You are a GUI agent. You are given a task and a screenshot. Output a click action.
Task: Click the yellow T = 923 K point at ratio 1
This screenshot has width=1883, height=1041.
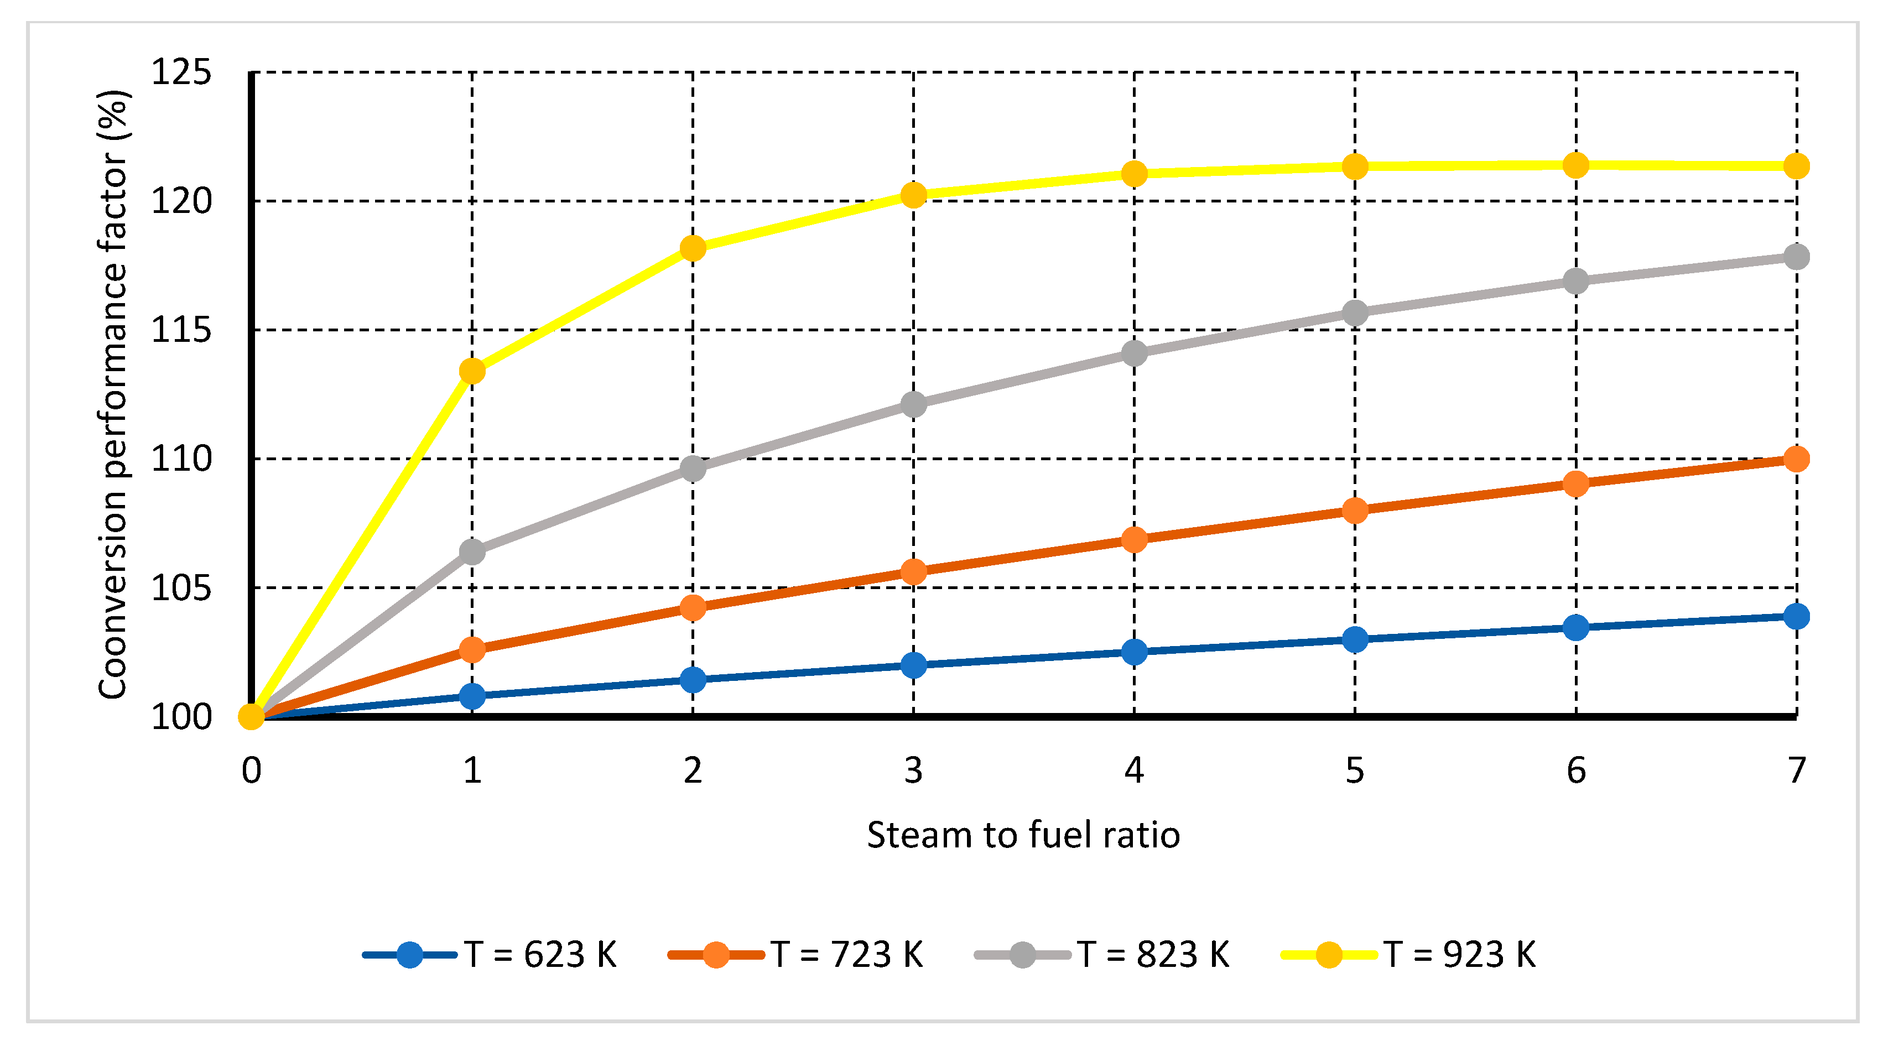click(472, 371)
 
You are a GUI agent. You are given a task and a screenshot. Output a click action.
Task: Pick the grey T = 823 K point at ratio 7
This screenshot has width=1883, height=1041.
click(1796, 257)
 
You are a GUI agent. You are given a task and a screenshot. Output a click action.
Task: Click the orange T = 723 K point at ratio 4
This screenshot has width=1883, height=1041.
click(1134, 539)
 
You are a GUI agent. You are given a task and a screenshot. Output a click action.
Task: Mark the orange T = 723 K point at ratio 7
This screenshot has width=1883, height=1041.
click(1796, 459)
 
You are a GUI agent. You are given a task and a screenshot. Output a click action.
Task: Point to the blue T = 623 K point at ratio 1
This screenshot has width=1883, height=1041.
click(472, 695)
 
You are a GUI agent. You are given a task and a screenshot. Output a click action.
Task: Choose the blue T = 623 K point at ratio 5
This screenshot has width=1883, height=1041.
click(1355, 639)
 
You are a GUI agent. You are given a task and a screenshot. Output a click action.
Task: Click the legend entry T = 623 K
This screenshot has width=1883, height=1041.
click(490, 954)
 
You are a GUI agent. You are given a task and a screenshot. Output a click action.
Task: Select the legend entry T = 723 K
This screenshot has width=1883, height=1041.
click(796, 954)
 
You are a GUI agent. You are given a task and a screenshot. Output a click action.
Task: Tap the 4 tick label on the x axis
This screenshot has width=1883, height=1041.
click(1134, 771)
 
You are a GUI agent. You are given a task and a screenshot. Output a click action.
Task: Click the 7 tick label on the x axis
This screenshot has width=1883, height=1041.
click(1797, 771)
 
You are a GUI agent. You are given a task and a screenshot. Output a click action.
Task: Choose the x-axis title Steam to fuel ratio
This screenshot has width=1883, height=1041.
click(1023, 835)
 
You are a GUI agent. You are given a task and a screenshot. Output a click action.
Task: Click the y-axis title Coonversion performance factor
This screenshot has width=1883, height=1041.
click(113, 395)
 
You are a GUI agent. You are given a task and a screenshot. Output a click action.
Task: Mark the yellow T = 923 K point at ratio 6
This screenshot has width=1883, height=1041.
click(1575, 165)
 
